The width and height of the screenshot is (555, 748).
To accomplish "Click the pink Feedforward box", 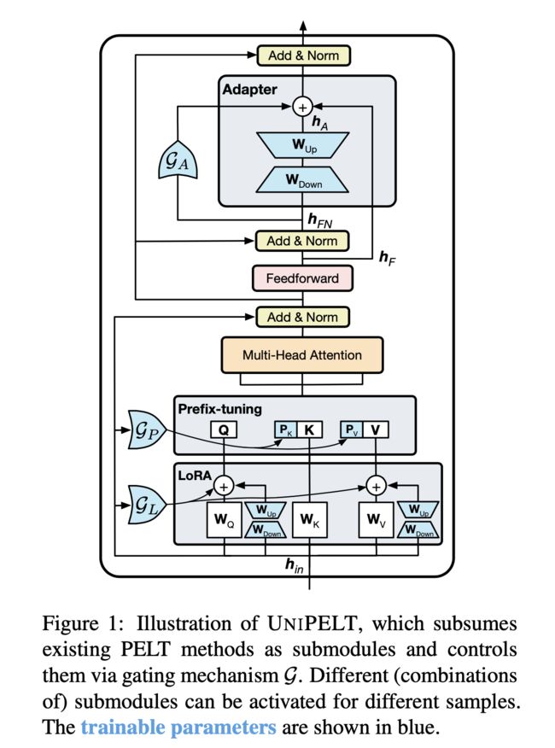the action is coord(302,278).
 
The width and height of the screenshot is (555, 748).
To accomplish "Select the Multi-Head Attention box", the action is coord(302,355).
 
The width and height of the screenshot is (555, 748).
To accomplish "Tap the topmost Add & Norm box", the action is coord(303,56).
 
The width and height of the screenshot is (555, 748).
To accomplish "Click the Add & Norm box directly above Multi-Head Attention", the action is coord(302,318).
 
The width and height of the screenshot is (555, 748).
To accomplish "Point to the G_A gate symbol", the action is coord(177,160).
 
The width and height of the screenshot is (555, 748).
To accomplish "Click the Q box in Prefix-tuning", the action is coord(224,430).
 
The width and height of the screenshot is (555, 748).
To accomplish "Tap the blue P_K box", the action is coord(285,430).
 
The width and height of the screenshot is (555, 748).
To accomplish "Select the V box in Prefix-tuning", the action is coord(376,430).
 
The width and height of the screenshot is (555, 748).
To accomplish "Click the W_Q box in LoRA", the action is coord(224,519).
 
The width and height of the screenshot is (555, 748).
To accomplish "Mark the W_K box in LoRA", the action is coord(310,519).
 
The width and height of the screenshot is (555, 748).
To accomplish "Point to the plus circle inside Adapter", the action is coord(302,107).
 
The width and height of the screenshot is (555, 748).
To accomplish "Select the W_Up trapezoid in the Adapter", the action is coord(302,144).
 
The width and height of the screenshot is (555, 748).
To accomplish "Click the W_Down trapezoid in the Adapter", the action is coord(302,180).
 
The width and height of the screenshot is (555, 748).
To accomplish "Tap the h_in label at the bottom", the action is coord(294,566).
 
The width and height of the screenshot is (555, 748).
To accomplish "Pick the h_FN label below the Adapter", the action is coord(319,220).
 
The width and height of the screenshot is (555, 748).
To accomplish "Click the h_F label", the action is coord(387,258).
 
